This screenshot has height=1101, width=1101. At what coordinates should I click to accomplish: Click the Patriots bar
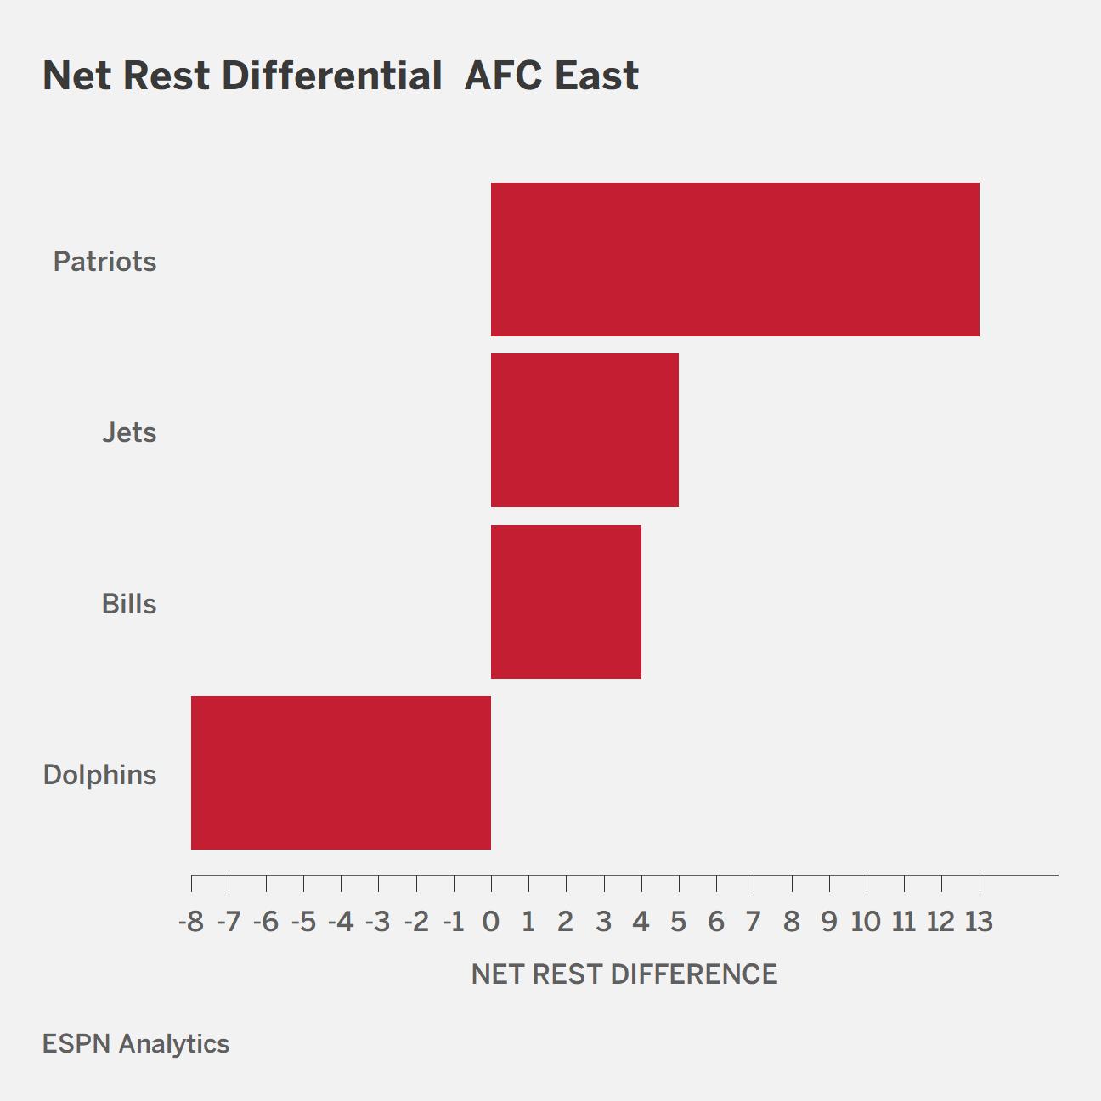(x=735, y=259)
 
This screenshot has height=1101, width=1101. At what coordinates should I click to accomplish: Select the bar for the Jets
(x=584, y=430)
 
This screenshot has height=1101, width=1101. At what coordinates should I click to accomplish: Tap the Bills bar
(x=566, y=601)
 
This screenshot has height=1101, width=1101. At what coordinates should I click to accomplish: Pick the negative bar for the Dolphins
(x=342, y=772)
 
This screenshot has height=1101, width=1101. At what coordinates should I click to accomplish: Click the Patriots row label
(x=104, y=262)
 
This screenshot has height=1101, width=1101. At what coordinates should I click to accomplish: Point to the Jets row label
(x=129, y=432)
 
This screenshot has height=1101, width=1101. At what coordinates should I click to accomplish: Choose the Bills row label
(x=128, y=603)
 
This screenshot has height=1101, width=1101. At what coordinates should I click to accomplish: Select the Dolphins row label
(x=99, y=776)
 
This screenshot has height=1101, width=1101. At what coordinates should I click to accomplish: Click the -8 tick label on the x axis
(x=191, y=922)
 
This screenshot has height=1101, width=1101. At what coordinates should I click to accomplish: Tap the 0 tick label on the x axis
(x=491, y=922)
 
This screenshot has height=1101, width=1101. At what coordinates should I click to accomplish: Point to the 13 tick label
(x=980, y=922)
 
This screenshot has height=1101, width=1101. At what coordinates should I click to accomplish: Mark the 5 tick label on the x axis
(x=678, y=922)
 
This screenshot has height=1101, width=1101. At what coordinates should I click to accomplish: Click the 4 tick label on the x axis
(x=641, y=922)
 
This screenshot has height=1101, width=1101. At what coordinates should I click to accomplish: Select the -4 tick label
(x=342, y=922)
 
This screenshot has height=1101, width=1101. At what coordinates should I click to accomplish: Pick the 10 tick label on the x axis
(x=867, y=922)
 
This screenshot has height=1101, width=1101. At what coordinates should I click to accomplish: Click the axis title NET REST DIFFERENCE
(x=624, y=974)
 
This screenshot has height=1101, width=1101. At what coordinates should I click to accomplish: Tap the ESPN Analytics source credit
(x=135, y=1044)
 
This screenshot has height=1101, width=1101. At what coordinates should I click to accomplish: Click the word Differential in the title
(x=331, y=76)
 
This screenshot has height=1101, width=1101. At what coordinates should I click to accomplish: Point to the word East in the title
(x=596, y=76)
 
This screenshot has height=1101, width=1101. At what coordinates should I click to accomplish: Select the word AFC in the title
(x=504, y=76)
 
